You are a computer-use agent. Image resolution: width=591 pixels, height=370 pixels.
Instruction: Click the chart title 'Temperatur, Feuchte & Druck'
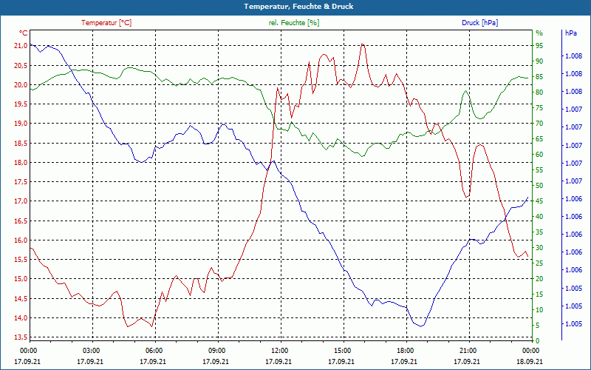(x=295, y=7)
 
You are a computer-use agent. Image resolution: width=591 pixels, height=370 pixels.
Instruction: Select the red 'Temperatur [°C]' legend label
(x=106, y=23)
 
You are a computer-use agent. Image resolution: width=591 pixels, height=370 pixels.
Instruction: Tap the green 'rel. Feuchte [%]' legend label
(x=294, y=23)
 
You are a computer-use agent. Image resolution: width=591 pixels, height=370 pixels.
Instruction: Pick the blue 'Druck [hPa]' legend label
(x=479, y=23)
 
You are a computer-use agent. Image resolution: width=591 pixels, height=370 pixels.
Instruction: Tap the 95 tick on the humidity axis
(x=539, y=46)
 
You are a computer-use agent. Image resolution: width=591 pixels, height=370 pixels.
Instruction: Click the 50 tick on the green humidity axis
(x=539, y=186)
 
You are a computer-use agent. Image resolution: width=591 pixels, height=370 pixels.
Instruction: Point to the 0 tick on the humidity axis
(x=537, y=341)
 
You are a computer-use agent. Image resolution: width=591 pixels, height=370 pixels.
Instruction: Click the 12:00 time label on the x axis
(x=279, y=349)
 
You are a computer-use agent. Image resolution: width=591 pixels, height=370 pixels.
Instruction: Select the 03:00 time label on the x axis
(x=91, y=349)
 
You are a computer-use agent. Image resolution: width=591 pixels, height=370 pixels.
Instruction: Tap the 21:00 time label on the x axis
(x=468, y=349)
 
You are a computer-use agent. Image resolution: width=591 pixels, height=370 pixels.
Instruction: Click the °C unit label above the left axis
(x=23, y=33)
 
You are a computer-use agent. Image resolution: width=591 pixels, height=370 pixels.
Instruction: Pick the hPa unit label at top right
(x=570, y=33)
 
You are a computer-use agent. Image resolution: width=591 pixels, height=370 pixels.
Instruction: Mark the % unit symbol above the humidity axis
(x=539, y=33)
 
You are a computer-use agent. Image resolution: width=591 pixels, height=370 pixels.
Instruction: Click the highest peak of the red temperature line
(x=363, y=44)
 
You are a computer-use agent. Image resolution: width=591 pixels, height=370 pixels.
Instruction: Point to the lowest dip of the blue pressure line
(x=420, y=326)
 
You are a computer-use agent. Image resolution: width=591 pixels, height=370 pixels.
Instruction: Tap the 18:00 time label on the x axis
(x=405, y=349)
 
